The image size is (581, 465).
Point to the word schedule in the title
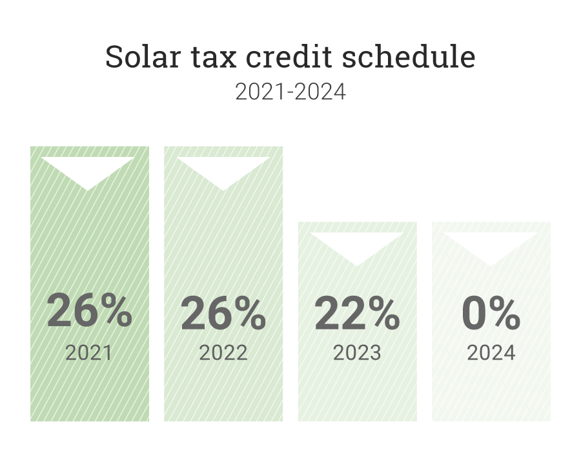pos(409,57)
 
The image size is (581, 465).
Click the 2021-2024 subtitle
pos(290,92)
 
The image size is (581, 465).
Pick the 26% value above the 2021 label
pos(89,311)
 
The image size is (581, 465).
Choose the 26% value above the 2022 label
pos(223,313)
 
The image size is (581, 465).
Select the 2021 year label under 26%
pos(89,353)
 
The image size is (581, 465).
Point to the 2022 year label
pos(223,353)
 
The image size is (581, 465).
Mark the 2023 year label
pos(357,353)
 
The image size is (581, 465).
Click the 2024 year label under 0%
pos(491,353)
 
